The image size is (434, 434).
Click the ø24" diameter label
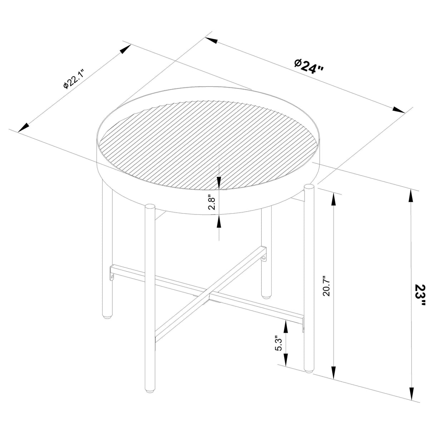[x=309, y=66]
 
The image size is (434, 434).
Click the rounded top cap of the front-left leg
[x=150, y=206]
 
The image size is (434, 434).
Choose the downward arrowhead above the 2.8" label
[x=219, y=182]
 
